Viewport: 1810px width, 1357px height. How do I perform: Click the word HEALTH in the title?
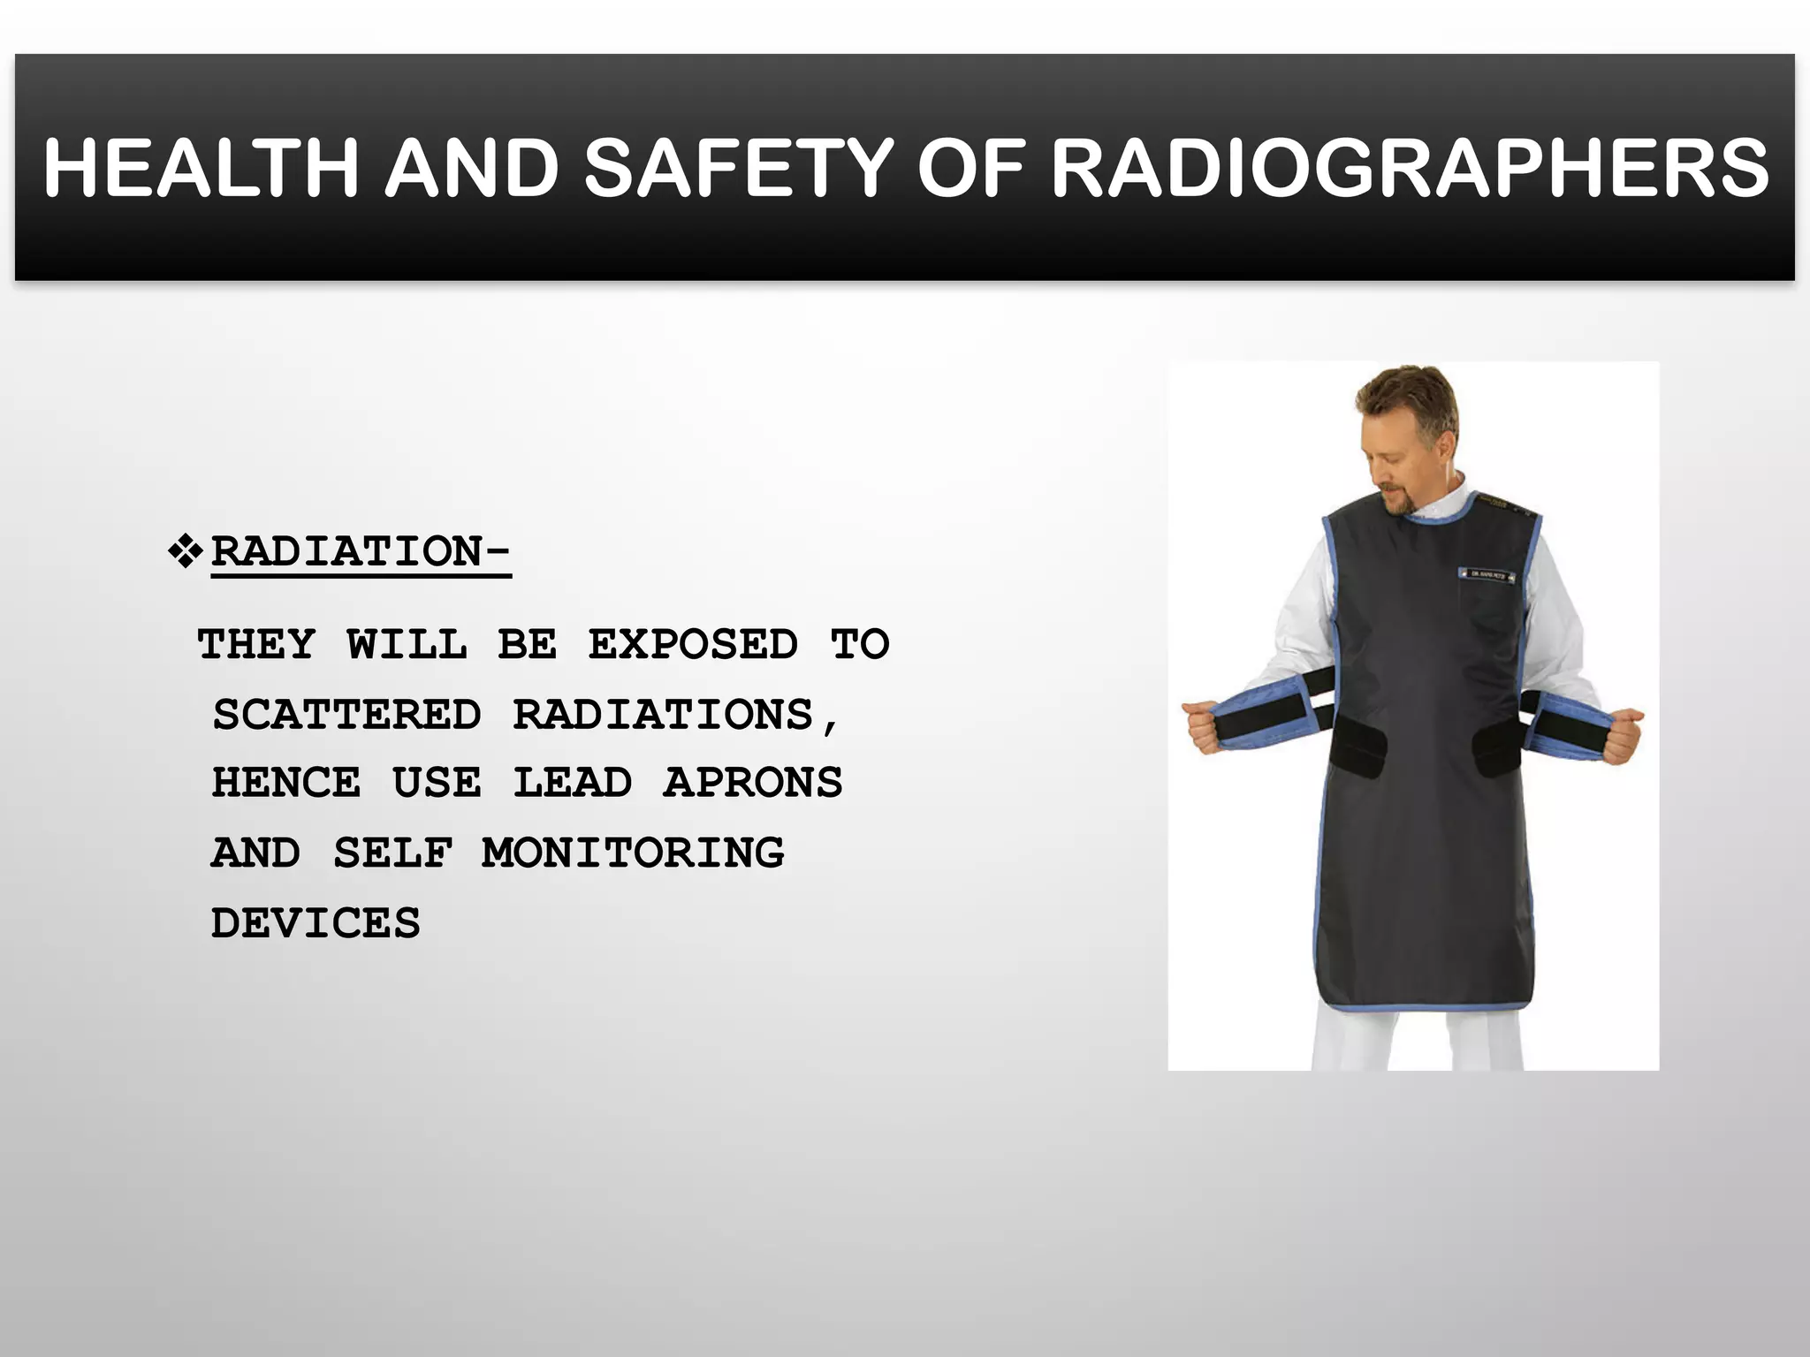click(x=201, y=168)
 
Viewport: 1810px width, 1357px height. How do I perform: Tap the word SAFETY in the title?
click(x=739, y=168)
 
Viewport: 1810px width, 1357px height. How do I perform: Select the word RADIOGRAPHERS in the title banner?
click(x=1410, y=168)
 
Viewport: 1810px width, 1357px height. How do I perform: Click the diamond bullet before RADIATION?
click(x=185, y=551)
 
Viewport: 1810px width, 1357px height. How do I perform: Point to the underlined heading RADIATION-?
click(x=361, y=552)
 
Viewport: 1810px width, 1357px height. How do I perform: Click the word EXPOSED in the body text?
click(x=693, y=644)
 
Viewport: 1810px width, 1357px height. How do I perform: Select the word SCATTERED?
click(x=347, y=714)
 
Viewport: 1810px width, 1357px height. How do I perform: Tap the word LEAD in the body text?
click(x=573, y=783)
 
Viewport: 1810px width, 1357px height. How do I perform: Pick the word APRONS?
click(x=753, y=783)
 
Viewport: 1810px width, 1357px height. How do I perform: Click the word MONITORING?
click(x=633, y=853)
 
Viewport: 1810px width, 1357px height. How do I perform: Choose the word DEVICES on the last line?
click(x=316, y=923)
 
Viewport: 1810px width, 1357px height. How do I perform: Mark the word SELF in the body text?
click(x=392, y=853)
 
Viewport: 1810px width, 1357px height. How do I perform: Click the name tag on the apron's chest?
click(x=1487, y=575)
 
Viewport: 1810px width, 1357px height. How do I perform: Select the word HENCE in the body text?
click(x=286, y=783)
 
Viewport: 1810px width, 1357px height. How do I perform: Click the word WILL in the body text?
click(x=407, y=644)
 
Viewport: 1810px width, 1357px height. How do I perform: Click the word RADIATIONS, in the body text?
click(x=675, y=714)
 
